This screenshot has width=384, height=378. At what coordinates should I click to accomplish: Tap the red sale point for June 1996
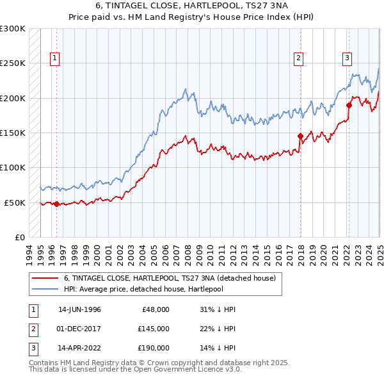pos(56,204)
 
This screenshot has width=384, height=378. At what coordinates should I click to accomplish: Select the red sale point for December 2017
pos(300,136)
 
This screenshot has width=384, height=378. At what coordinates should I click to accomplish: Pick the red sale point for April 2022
pos(349,105)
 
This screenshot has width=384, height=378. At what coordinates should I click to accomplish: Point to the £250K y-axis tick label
pos(13,63)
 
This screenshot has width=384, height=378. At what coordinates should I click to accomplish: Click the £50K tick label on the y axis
pos(15,202)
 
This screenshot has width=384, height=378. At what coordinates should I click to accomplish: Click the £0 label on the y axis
pos(19,237)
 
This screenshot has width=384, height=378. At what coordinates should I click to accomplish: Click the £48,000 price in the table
pos(155,309)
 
